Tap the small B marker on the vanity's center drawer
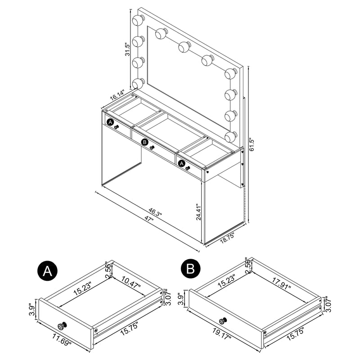(144, 142)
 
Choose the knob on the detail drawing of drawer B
(222, 321)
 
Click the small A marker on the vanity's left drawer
(110, 121)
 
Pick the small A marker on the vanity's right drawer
(182, 164)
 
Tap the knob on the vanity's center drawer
(153, 148)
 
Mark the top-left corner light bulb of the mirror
(139, 20)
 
